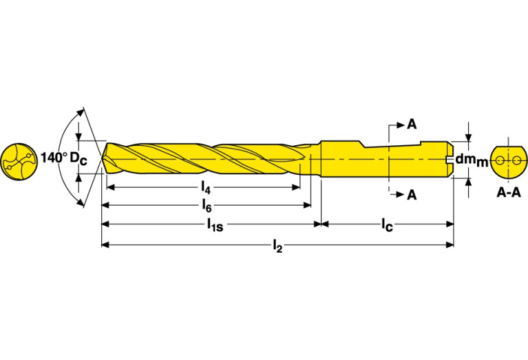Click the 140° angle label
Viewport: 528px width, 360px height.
tap(54, 158)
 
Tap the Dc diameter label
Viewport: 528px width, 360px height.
tap(78, 159)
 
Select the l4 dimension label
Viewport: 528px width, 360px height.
tap(206, 188)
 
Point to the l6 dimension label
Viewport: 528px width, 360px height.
tap(207, 205)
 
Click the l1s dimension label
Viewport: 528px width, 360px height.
tap(215, 224)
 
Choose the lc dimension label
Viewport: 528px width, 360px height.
tap(387, 224)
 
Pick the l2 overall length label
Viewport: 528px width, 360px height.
tap(277, 246)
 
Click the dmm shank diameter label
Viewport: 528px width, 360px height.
tap(472, 160)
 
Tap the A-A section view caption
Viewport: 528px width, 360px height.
tap(509, 193)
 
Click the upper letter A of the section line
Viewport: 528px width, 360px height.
tap(412, 125)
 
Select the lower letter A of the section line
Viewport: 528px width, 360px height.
tap(412, 195)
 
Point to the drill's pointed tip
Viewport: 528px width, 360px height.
tap(102, 158)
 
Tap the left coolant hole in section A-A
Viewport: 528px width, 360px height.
tap(500, 160)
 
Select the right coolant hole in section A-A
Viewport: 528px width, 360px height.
tap(516, 160)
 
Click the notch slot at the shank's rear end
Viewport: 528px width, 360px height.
tap(450, 158)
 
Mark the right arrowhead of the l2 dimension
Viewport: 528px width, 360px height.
tap(450, 245)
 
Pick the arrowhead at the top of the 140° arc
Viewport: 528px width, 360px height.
tap(79, 112)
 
